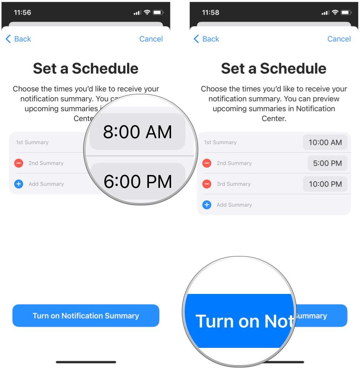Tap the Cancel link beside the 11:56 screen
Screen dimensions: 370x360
click(x=151, y=39)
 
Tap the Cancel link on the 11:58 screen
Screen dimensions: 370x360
click(x=339, y=39)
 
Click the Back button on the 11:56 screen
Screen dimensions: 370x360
click(x=19, y=39)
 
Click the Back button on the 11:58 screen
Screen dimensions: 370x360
click(x=206, y=39)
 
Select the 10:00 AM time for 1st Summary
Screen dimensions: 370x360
click(x=325, y=142)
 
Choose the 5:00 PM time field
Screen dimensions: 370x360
click(x=327, y=163)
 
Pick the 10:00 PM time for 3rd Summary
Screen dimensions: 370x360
click(x=325, y=184)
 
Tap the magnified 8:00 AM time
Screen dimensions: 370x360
click(x=137, y=132)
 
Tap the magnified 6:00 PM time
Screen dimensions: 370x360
click(x=137, y=181)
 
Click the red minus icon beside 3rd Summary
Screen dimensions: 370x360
click(x=207, y=184)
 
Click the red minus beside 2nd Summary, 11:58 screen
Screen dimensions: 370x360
click(x=207, y=163)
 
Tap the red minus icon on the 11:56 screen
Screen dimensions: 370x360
click(x=19, y=163)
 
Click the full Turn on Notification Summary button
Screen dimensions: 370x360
click(x=86, y=316)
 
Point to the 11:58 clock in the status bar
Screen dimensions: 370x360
click(x=211, y=13)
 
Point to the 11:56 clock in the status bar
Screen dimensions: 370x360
click(x=22, y=13)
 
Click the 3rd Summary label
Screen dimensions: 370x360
click(x=234, y=184)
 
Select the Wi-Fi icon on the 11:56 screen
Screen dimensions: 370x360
click(x=147, y=13)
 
